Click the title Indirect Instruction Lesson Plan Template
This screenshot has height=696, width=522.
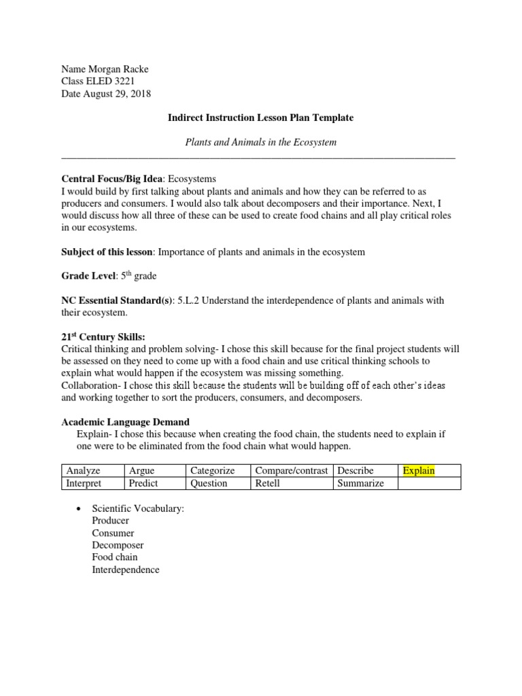[260, 118]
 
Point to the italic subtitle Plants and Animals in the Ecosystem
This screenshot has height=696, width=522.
[261, 142]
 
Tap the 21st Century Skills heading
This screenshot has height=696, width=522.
[103, 337]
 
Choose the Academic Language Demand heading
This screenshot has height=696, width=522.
[126, 422]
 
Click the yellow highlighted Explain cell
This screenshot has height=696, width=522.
[419, 470]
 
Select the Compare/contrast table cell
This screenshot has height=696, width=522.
[291, 470]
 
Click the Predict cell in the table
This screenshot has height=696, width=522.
[143, 483]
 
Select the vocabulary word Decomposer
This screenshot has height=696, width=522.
[118, 545]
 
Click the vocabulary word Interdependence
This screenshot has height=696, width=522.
[126, 570]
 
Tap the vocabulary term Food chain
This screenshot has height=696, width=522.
[115, 557]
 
